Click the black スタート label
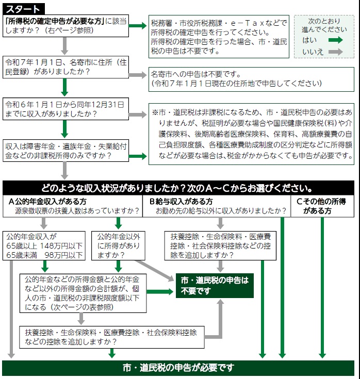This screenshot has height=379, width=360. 23,9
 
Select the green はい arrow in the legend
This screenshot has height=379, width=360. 336,40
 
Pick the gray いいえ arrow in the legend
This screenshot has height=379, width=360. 336,52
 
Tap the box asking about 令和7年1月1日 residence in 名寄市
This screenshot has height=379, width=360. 66,67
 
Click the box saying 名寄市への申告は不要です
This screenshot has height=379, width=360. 251,79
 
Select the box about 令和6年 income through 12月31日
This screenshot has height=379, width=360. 66,109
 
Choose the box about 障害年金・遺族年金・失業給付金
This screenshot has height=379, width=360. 66,151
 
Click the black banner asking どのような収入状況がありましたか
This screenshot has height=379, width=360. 178,188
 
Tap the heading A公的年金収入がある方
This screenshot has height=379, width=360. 47,201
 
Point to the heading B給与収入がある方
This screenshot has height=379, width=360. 181,201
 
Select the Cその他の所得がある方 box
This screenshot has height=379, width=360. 322,206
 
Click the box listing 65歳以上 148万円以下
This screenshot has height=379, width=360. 44,245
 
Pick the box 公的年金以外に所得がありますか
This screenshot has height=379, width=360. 118,245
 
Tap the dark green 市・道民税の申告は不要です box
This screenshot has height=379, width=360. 215,286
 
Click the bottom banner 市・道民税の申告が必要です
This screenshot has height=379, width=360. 178,368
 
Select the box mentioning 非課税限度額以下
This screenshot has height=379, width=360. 83,293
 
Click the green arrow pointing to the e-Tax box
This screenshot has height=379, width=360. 138,26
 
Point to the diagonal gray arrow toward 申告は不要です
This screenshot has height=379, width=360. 155,271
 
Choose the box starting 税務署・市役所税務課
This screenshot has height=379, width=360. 219,37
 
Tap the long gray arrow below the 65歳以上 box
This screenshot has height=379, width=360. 11,309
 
